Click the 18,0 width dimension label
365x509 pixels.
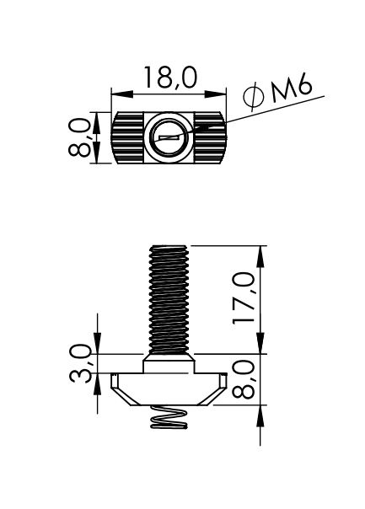(x=170, y=78)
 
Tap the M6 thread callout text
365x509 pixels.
(x=292, y=87)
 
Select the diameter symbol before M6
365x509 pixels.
(x=253, y=96)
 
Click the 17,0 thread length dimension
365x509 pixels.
(x=244, y=298)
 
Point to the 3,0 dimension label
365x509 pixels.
(x=80, y=363)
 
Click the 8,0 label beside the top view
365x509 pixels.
(x=79, y=137)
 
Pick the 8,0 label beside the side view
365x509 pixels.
(x=244, y=379)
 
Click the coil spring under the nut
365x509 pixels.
(x=169, y=417)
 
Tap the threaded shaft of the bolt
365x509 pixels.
(x=169, y=300)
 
